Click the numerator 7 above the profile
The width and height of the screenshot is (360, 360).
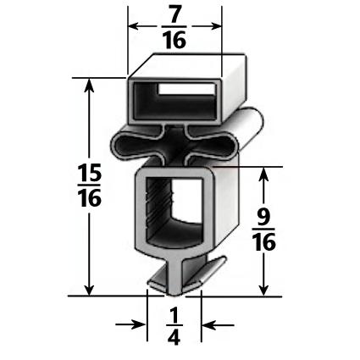(174, 14)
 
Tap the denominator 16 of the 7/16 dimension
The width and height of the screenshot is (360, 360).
(174, 39)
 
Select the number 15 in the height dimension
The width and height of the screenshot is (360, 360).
(89, 174)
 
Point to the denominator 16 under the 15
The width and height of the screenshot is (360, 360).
(89, 199)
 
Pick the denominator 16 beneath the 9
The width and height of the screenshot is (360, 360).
(264, 243)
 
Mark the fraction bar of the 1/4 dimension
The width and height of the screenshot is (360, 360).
(174, 327)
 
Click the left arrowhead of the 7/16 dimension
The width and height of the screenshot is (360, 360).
(134, 26)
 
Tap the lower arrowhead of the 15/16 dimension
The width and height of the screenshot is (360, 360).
(89, 288)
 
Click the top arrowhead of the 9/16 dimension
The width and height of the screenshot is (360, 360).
(265, 174)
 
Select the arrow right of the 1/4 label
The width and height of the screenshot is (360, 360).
(208, 324)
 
